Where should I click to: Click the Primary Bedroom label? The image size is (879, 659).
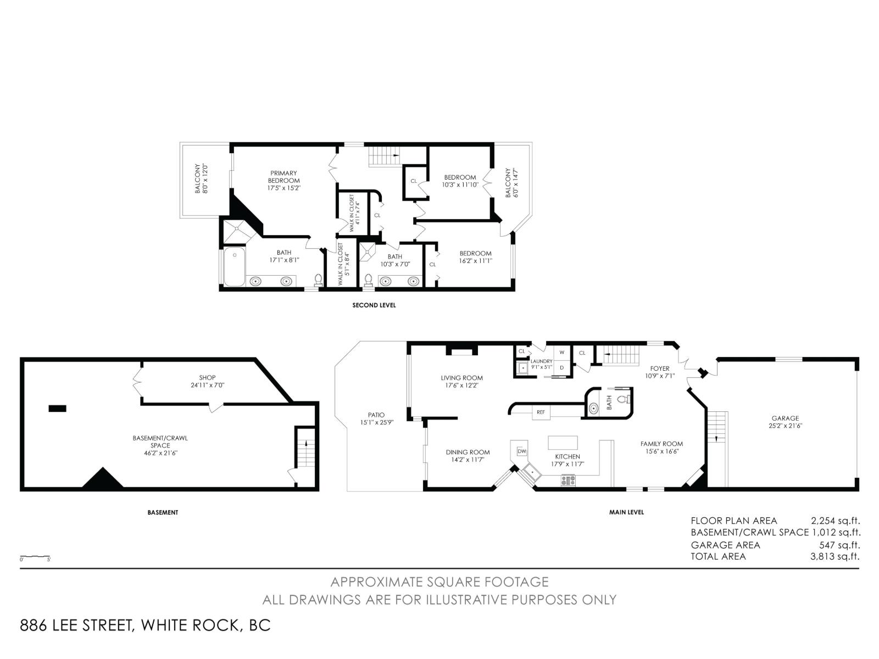(283, 177)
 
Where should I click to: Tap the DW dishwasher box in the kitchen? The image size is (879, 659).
(522, 451)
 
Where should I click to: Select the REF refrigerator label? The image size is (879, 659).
(541, 412)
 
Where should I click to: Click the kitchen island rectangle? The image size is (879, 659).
(563, 443)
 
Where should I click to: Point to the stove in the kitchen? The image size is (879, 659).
(568, 480)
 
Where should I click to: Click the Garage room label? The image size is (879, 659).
(785, 418)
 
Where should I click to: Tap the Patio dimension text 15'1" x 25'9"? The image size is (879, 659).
(376, 422)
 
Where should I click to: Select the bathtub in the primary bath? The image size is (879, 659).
(234, 267)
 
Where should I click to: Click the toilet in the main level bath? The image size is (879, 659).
(623, 399)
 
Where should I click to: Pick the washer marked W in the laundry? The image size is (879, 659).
(561, 352)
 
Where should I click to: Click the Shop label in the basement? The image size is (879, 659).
(207, 378)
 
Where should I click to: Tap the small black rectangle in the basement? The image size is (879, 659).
(57, 408)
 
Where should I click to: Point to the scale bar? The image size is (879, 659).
(35, 557)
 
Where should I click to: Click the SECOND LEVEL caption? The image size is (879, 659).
(374, 305)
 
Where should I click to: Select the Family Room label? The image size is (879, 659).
(661, 444)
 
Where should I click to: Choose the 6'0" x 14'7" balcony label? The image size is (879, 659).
(511, 182)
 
